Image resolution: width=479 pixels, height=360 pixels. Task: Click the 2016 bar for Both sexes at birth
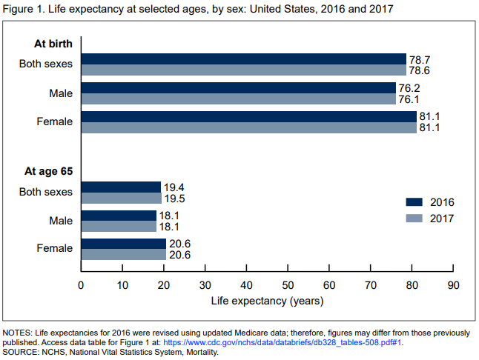pyautogui.click(x=243, y=59)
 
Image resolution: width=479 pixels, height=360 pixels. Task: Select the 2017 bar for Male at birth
pyautogui.click(x=238, y=99)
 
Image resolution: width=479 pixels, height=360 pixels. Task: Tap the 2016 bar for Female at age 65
pyautogui.click(x=123, y=244)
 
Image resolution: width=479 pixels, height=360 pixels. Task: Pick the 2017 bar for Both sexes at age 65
pyautogui.click(x=121, y=199)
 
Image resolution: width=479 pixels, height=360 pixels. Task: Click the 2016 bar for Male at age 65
pyautogui.click(x=119, y=216)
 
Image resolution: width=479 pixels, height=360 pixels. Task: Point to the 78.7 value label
pyautogui.click(x=420, y=59)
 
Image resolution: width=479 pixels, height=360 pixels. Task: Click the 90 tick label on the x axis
pyautogui.click(x=453, y=285)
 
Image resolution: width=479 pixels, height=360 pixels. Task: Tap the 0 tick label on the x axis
pyautogui.click(x=81, y=285)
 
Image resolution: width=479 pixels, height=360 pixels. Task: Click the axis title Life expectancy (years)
pyautogui.click(x=267, y=301)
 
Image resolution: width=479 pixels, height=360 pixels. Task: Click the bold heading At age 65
pyautogui.click(x=48, y=171)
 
